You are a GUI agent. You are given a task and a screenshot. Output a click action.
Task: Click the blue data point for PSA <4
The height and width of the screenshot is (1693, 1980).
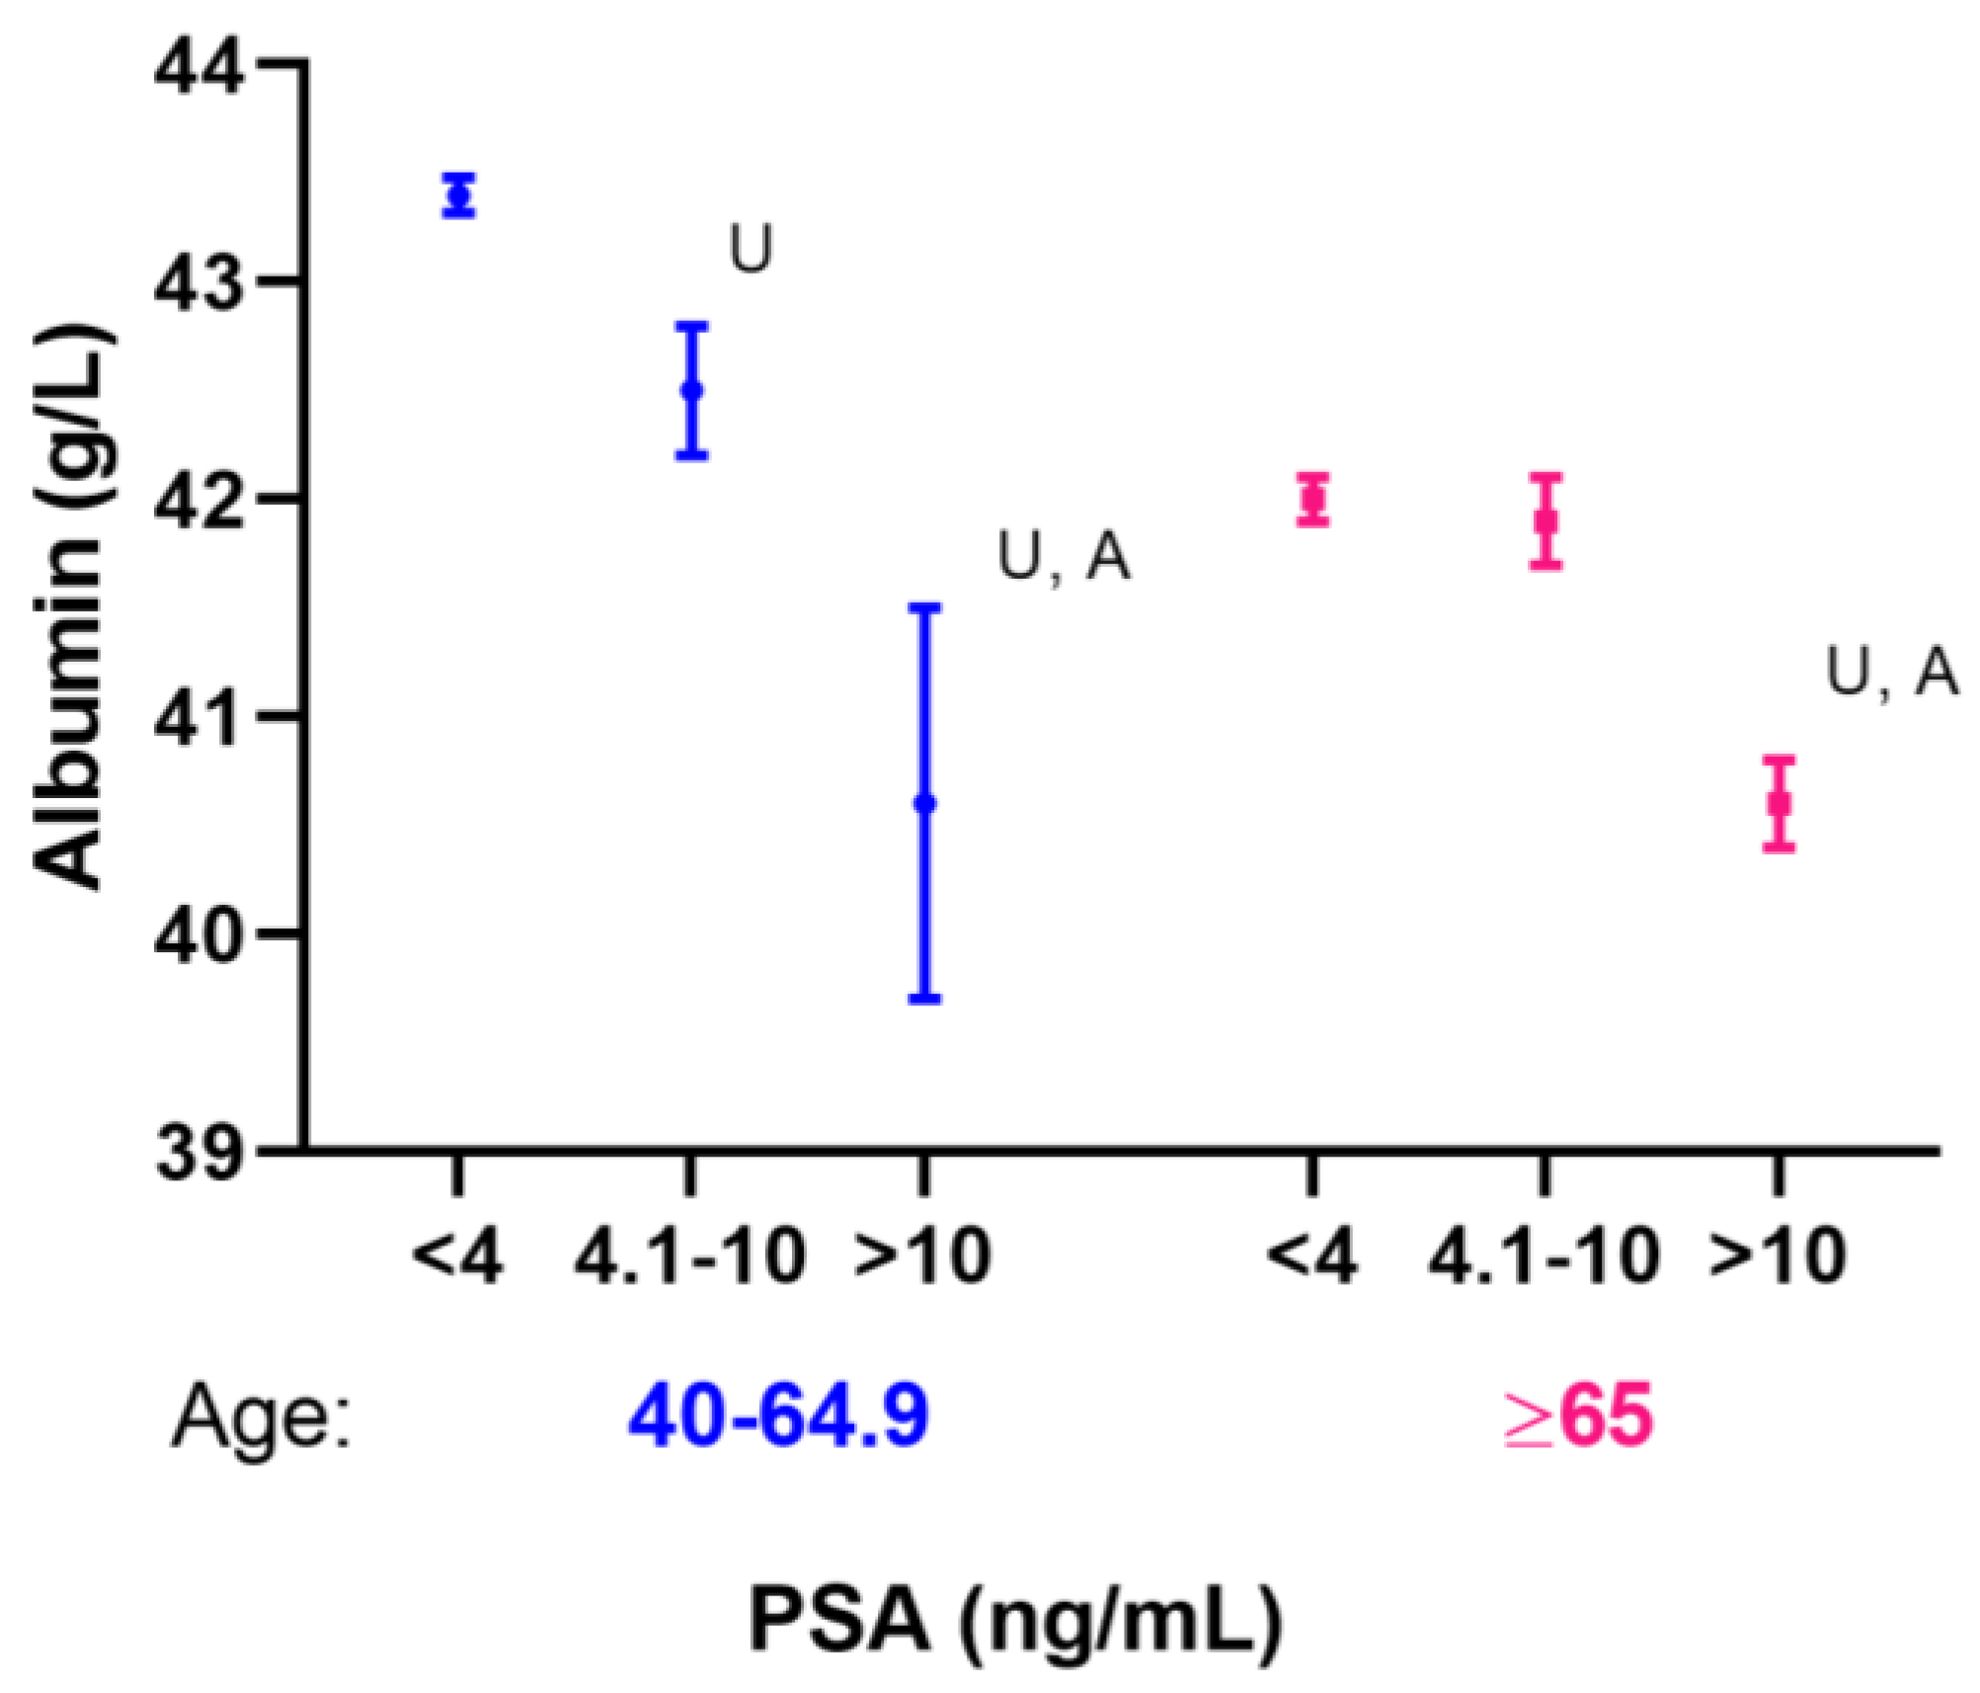tap(459, 196)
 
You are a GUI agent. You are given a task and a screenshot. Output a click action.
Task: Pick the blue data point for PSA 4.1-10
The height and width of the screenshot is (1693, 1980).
tap(692, 389)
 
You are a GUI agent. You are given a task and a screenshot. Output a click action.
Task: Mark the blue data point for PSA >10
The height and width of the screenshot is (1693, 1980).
tap(925, 803)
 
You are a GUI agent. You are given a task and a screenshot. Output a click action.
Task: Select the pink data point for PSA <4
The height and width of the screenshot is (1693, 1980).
tap(1313, 500)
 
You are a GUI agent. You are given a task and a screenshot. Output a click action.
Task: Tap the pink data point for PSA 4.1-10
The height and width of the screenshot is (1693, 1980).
tap(1546, 521)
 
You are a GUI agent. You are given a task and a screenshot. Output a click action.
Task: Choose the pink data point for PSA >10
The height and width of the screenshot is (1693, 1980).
tap(1779, 802)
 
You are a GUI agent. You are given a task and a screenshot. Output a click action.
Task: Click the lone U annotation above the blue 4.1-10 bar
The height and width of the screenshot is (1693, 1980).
tap(751, 250)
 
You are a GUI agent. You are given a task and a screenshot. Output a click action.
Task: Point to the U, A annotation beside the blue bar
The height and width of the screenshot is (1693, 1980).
tap(1064, 558)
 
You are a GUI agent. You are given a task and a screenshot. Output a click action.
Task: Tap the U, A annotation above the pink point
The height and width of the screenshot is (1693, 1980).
tap(1891, 675)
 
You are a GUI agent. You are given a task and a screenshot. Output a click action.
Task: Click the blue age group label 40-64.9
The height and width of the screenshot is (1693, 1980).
tap(778, 1416)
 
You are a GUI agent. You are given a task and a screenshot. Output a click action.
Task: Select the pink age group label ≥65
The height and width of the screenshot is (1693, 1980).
tap(1578, 1416)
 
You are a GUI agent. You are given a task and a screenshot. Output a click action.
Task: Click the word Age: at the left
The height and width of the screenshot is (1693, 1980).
tap(261, 1416)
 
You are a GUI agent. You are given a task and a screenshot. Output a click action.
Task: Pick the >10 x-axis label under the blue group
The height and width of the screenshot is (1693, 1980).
tap(921, 1258)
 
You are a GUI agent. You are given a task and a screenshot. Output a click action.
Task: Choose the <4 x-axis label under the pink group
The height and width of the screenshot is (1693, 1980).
tap(1313, 1258)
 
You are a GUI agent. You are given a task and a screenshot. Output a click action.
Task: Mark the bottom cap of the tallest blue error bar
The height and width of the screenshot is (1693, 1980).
tap(925, 999)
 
